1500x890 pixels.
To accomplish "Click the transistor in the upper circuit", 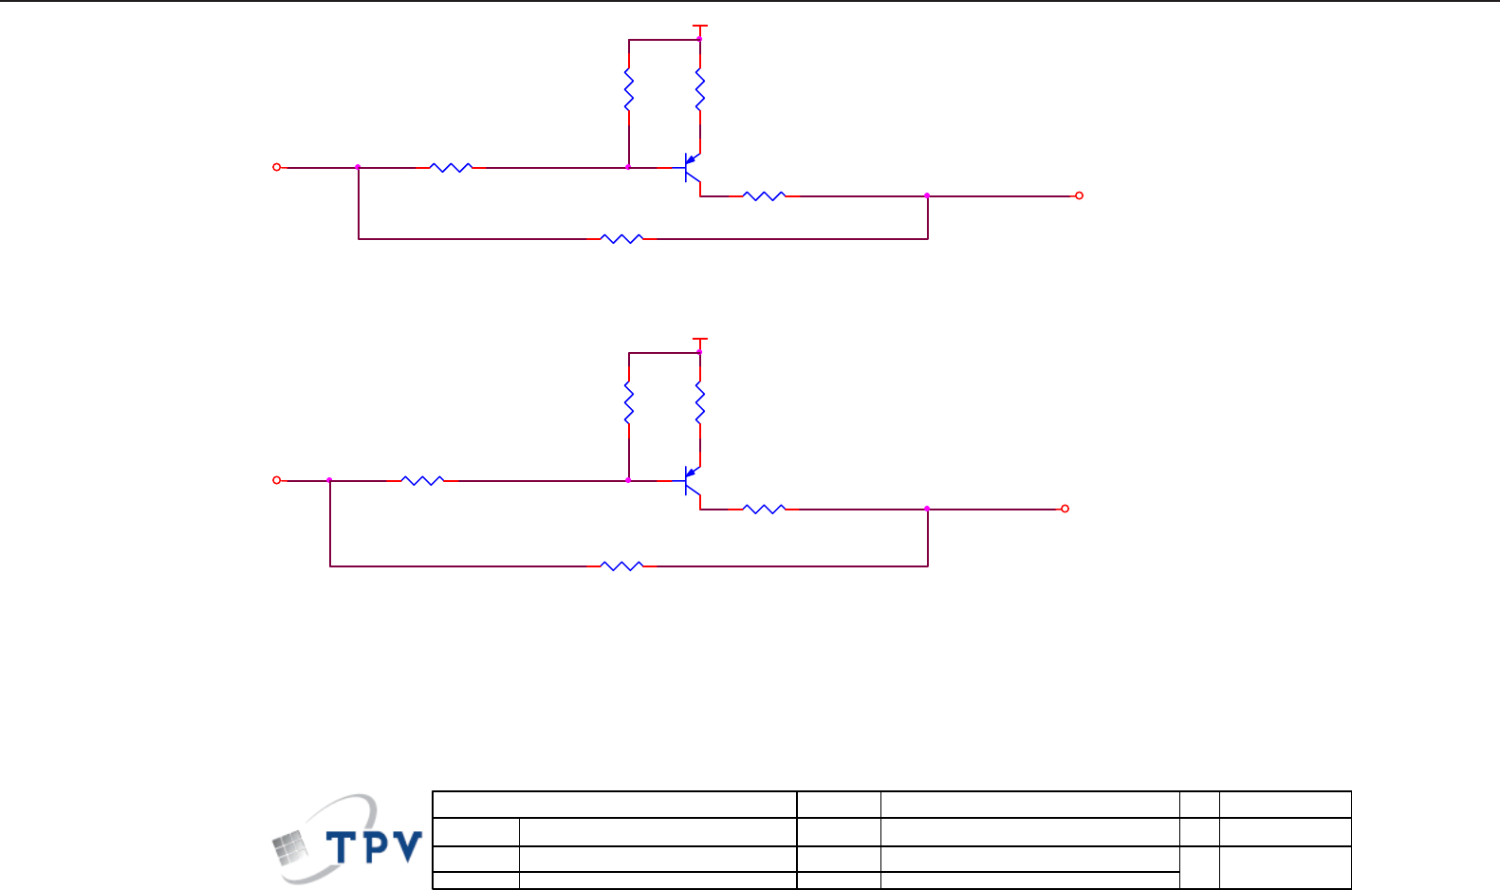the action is click(692, 169).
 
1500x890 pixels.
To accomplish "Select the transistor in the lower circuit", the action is click(692, 482).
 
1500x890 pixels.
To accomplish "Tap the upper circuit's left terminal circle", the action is click(277, 167).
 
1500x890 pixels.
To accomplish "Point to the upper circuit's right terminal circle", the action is click(1079, 195).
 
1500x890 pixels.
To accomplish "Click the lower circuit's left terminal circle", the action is click(277, 480).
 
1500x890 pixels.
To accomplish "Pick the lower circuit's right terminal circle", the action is click(1065, 509).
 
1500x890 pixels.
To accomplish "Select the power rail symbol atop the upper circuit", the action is click(700, 28).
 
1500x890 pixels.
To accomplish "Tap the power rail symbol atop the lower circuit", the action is click(700, 340).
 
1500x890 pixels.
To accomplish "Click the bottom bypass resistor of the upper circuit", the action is click(622, 239).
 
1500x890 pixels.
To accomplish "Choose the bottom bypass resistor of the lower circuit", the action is click(622, 566).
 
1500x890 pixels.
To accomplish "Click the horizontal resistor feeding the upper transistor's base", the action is click(451, 168).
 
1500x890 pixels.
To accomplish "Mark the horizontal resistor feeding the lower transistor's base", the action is click(423, 481).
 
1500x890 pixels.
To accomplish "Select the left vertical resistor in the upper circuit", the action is click(628, 92).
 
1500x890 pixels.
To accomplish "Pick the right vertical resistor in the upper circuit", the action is click(700, 92).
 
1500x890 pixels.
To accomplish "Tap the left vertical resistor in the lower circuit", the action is click(628, 404).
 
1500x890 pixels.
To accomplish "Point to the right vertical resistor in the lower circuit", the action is click(700, 404).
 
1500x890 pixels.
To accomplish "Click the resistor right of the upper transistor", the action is click(764, 196).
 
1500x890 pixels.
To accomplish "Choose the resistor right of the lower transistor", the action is click(764, 510).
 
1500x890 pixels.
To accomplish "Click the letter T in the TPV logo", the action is click(343, 846).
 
